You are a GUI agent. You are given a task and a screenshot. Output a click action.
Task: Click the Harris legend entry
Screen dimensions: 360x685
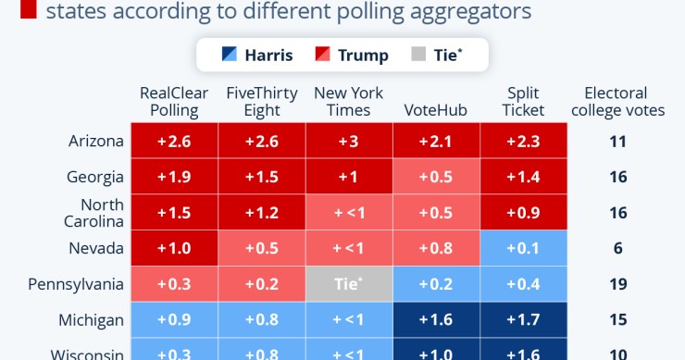click(x=257, y=55)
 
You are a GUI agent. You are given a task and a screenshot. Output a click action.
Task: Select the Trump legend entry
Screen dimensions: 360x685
click(x=352, y=55)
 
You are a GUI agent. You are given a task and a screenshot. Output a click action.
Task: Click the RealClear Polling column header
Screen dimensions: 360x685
click(x=174, y=102)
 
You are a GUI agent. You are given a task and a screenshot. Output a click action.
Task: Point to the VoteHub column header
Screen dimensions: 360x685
click(x=436, y=110)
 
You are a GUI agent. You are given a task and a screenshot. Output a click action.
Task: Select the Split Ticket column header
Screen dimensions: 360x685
click(x=523, y=102)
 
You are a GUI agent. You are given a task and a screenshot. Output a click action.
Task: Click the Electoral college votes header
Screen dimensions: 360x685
click(x=624, y=102)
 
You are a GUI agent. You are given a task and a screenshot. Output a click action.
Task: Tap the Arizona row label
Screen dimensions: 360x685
click(x=96, y=142)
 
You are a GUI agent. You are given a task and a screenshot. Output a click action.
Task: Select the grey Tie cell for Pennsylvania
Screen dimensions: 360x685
click(x=349, y=284)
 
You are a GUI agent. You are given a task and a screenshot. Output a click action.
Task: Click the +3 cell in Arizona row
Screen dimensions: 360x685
click(x=349, y=142)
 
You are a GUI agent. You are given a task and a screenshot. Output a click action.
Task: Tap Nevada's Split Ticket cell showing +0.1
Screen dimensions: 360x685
click(x=523, y=248)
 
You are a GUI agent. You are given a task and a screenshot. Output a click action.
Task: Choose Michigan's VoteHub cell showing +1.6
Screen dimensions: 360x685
click(x=436, y=320)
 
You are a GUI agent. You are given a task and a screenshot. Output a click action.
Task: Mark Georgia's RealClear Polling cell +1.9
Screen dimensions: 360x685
click(x=174, y=177)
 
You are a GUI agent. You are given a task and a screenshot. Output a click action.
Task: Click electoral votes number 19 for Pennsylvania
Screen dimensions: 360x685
click(x=618, y=284)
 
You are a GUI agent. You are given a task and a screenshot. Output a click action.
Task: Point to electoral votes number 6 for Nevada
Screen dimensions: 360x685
click(x=618, y=248)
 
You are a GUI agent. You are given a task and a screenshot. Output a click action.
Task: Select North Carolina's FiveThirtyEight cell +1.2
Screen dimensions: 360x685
click(x=261, y=213)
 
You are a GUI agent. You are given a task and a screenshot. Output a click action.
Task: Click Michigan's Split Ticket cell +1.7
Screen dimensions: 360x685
click(x=523, y=320)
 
